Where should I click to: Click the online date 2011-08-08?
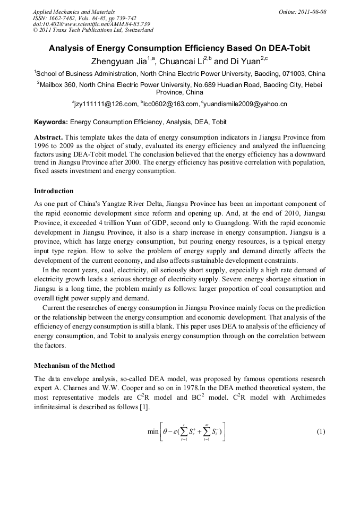[312, 12]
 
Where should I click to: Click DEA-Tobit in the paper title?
[286, 48]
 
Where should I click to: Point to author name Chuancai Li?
[183, 61]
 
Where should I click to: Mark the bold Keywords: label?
[51, 122]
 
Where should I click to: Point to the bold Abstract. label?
[48, 136]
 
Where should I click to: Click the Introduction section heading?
[54, 191]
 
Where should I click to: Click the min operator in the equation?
[153, 432]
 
